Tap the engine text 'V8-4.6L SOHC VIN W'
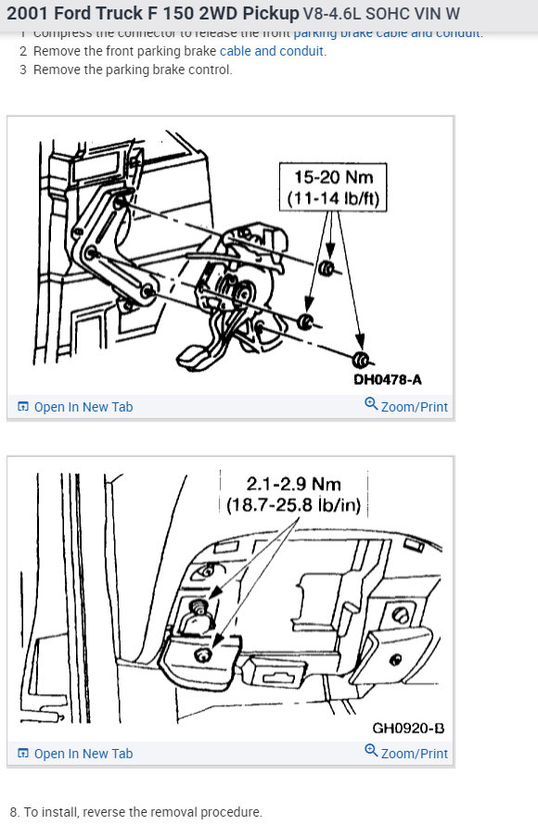(x=380, y=15)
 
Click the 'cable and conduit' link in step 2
(x=272, y=51)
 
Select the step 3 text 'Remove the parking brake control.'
(x=133, y=70)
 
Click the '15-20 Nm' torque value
(x=332, y=177)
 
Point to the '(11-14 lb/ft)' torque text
(x=332, y=198)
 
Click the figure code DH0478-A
(x=387, y=379)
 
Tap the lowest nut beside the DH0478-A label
(x=362, y=360)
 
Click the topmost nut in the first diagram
(x=327, y=270)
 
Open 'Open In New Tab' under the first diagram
(x=83, y=407)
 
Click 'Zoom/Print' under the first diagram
(x=414, y=407)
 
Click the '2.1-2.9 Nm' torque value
(x=294, y=483)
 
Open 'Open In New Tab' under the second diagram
(x=83, y=754)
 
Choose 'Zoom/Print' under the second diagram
(x=414, y=754)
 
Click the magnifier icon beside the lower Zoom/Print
(x=371, y=753)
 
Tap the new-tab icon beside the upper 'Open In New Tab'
(x=23, y=407)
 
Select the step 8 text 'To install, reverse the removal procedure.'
(x=143, y=812)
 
